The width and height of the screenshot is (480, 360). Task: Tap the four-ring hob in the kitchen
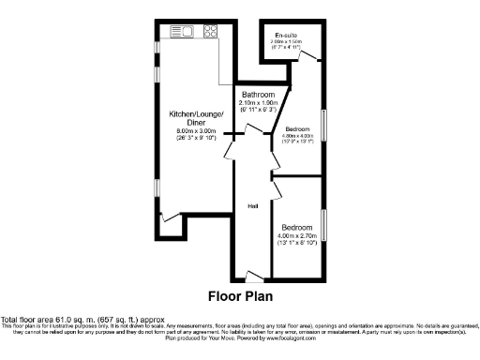pyautogui.click(x=211, y=30)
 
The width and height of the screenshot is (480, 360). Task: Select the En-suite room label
pyautogui.click(x=285, y=35)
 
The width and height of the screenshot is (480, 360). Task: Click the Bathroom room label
pyautogui.click(x=257, y=95)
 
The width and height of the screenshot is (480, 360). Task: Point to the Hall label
pyautogui.click(x=252, y=205)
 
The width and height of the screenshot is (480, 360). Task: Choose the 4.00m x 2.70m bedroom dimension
pyautogui.click(x=298, y=237)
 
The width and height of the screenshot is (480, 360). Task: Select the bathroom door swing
pyautogui.click(x=231, y=151)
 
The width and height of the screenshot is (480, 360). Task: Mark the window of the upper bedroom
pyautogui.click(x=324, y=128)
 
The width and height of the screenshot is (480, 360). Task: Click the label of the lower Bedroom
pyautogui.click(x=298, y=228)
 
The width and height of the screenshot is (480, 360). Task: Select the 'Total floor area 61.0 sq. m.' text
pyautogui.click(x=66, y=320)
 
